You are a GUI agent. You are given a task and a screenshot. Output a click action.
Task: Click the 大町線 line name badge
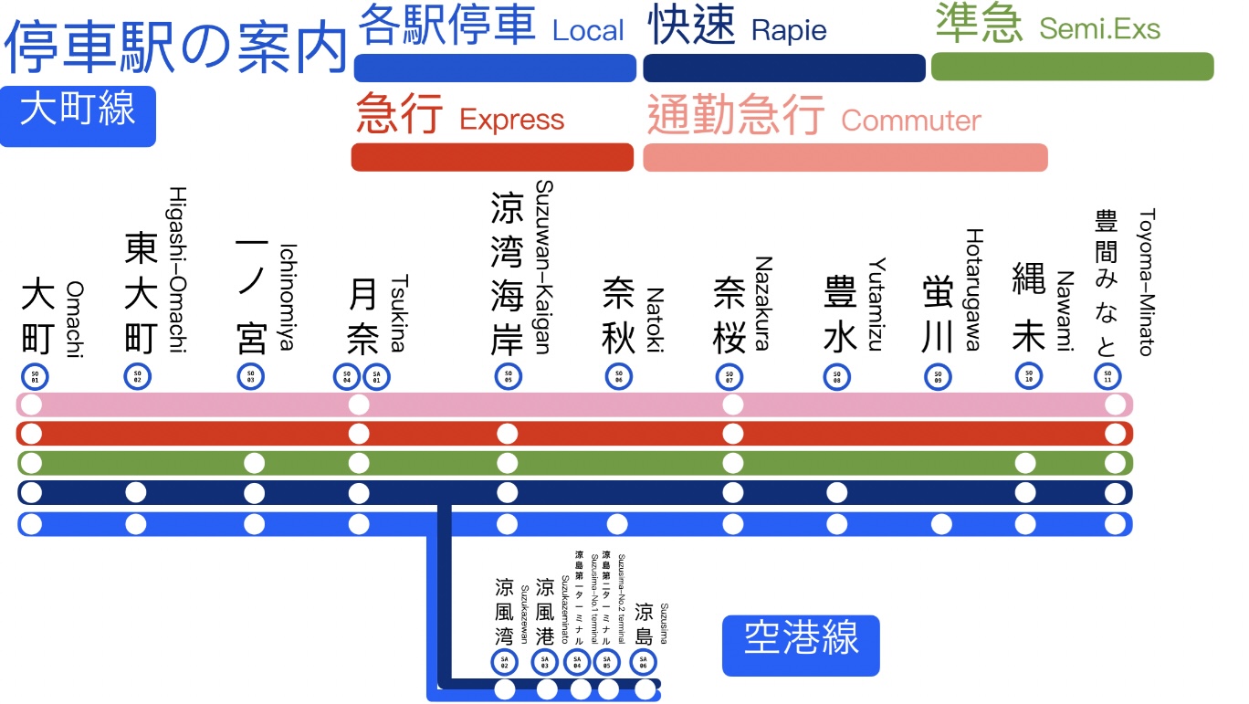[78, 116]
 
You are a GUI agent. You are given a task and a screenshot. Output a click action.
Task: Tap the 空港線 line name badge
[801, 646]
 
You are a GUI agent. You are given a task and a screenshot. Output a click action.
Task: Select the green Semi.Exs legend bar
[1072, 67]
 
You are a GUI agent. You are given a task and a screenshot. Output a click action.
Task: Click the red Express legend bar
[492, 157]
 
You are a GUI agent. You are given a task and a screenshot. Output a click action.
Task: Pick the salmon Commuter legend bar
[845, 157]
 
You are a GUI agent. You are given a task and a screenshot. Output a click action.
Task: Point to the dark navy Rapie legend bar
[784, 68]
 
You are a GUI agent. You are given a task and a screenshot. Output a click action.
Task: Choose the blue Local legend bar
[495, 68]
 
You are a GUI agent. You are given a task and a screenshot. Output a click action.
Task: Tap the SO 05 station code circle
[508, 375]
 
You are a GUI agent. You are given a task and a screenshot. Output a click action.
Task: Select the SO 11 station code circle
[1108, 375]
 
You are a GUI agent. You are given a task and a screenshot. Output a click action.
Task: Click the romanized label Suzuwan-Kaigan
[544, 266]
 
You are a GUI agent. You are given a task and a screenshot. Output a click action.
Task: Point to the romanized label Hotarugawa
[973, 289]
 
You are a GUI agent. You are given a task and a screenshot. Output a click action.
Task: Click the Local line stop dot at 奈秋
[618, 524]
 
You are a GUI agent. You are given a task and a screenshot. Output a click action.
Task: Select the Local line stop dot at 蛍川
[941, 524]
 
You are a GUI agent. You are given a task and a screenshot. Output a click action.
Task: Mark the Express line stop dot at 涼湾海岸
[508, 434]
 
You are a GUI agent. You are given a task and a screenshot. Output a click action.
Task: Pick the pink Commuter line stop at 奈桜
[732, 405]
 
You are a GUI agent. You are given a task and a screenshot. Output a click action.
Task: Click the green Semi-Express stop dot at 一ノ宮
[255, 463]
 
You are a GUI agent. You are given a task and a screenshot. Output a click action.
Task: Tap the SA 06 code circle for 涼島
[643, 662]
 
